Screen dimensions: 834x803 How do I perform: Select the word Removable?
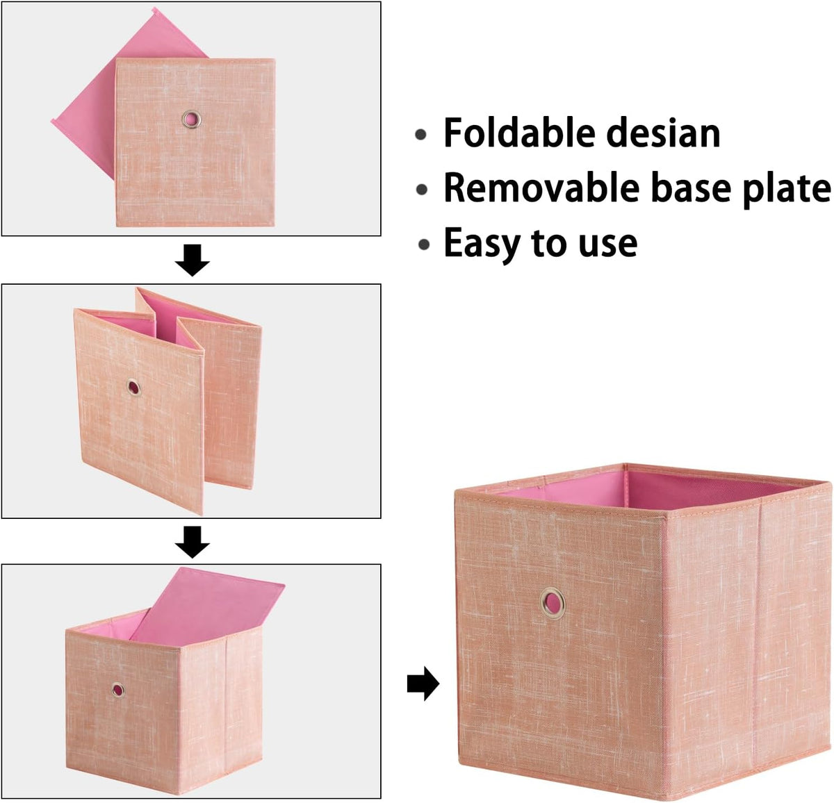(541, 188)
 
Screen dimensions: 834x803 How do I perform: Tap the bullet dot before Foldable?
(421, 135)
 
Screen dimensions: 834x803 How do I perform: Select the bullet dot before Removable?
(422, 190)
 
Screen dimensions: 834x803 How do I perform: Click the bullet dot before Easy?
(423, 245)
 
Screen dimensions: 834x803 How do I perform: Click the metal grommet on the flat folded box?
(191, 119)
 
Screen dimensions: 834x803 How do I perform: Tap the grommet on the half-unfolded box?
(133, 388)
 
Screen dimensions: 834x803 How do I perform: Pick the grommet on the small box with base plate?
(118, 690)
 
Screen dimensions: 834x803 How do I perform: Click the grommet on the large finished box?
(553, 603)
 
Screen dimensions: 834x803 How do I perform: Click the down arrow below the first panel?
(192, 260)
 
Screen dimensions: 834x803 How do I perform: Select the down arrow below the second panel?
(192, 542)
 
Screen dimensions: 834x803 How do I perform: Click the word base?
(691, 188)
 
